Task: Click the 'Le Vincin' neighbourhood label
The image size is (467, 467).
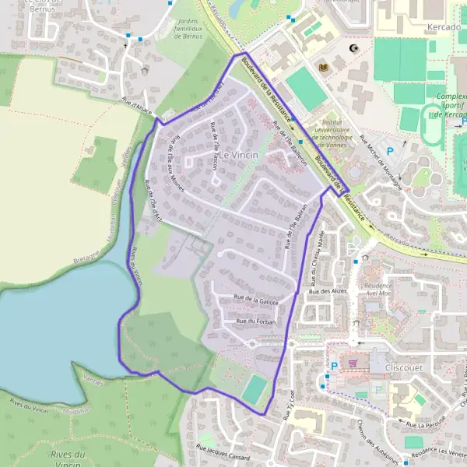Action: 238,155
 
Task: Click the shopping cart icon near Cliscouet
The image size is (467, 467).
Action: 353,363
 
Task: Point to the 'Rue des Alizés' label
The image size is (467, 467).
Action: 328,291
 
